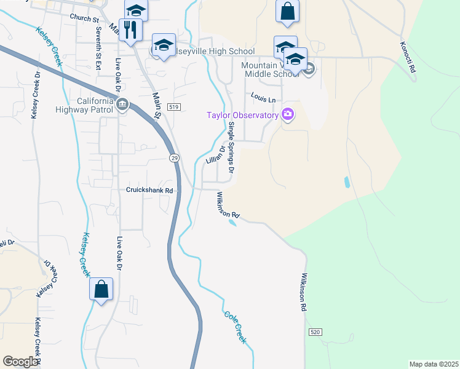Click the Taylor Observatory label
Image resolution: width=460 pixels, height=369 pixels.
[x=238, y=115]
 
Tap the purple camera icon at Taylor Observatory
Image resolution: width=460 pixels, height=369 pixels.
[x=287, y=114]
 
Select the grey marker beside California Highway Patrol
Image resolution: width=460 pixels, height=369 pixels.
[x=122, y=105]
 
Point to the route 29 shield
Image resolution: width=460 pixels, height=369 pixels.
[x=174, y=158]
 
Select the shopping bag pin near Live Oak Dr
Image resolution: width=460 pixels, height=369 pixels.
[x=101, y=289]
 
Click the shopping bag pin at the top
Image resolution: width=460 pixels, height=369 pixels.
[x=288, y=12]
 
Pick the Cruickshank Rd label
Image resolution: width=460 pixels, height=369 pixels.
[x=151, y=190]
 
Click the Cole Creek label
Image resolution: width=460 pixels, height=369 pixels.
[x=236, y=327]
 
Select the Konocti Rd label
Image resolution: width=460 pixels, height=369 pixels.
[x=411, y=58]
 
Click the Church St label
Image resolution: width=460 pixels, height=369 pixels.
[x=84, y=19]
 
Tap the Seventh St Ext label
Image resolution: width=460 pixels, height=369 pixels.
[x=98, y=47]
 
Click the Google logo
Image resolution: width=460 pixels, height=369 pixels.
[x=20, y=362]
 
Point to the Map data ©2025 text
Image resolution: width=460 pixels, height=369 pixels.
[x=434, y=364]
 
